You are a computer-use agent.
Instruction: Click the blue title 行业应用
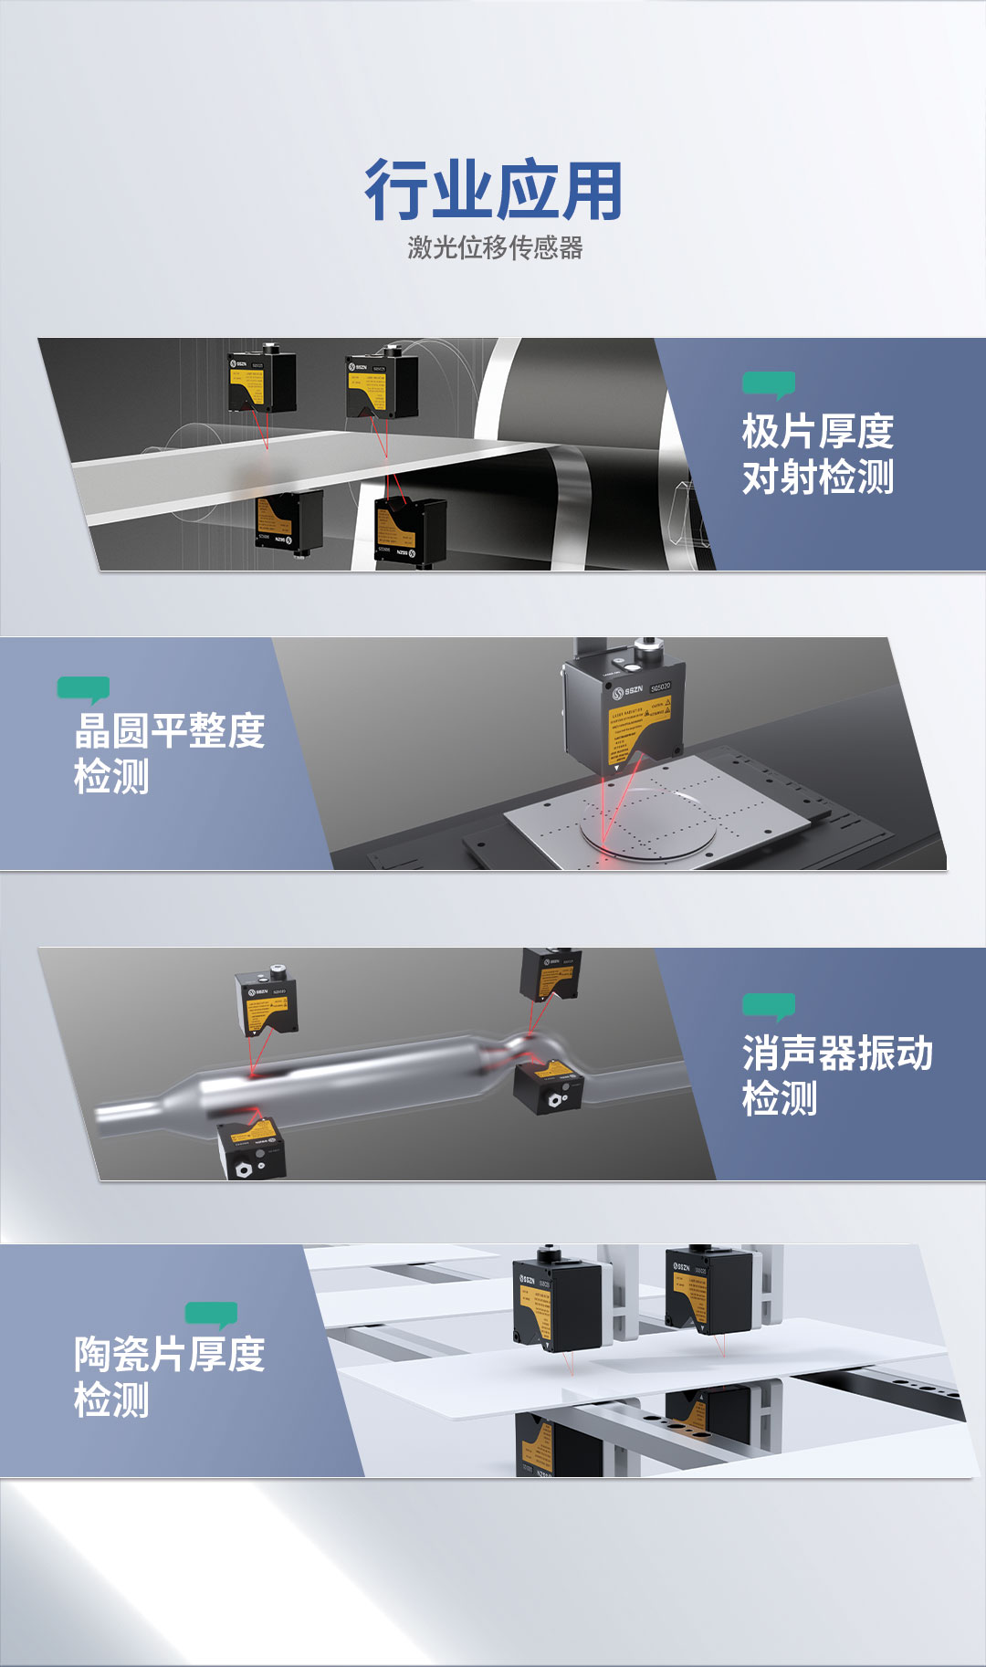coord(493,191)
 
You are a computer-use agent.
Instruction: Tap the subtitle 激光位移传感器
coord(494,247)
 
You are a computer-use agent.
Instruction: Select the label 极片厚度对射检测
coord(817,454)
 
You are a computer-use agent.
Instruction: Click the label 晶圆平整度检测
coord(169,753)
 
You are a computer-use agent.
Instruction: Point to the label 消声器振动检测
coord(836,1075)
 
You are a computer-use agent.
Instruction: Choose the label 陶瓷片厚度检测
coord(169,1377)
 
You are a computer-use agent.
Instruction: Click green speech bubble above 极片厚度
coord(769,384)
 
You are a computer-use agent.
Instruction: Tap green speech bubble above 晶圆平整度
coord(84,689)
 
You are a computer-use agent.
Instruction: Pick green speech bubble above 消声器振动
coord(769,1006)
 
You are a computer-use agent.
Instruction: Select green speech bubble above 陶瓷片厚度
coord(212,1314)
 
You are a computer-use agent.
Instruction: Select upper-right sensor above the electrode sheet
coord(382,385)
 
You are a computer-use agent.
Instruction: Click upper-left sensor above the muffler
coord(266,1002)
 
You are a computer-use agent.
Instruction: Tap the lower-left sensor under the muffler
coord(252,1148)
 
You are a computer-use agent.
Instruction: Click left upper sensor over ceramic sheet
coord(557,1304)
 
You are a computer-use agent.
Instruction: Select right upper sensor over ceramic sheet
coord(708,1289)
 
